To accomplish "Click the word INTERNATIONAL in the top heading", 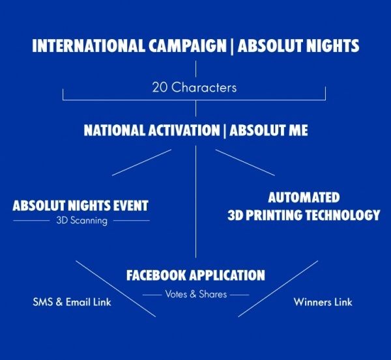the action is point(89,46).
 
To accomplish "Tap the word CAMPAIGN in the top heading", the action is point(188,46).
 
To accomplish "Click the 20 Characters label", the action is point(194,88).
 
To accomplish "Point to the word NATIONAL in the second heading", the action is point(115,130).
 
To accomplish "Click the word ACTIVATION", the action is point(184,130).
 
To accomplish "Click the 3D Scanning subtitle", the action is point(82,221).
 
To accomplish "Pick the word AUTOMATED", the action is point(304,197).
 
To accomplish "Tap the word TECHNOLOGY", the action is point(343,215).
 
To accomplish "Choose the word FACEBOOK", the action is point(156,275).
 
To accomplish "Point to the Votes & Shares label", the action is point(196,294).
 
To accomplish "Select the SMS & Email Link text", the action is point(72,302).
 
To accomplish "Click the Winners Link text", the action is point(323,302).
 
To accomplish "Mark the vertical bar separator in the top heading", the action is point(232,47).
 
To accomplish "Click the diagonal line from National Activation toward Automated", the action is point(245,163).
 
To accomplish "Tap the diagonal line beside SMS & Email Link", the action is point(116,289).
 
